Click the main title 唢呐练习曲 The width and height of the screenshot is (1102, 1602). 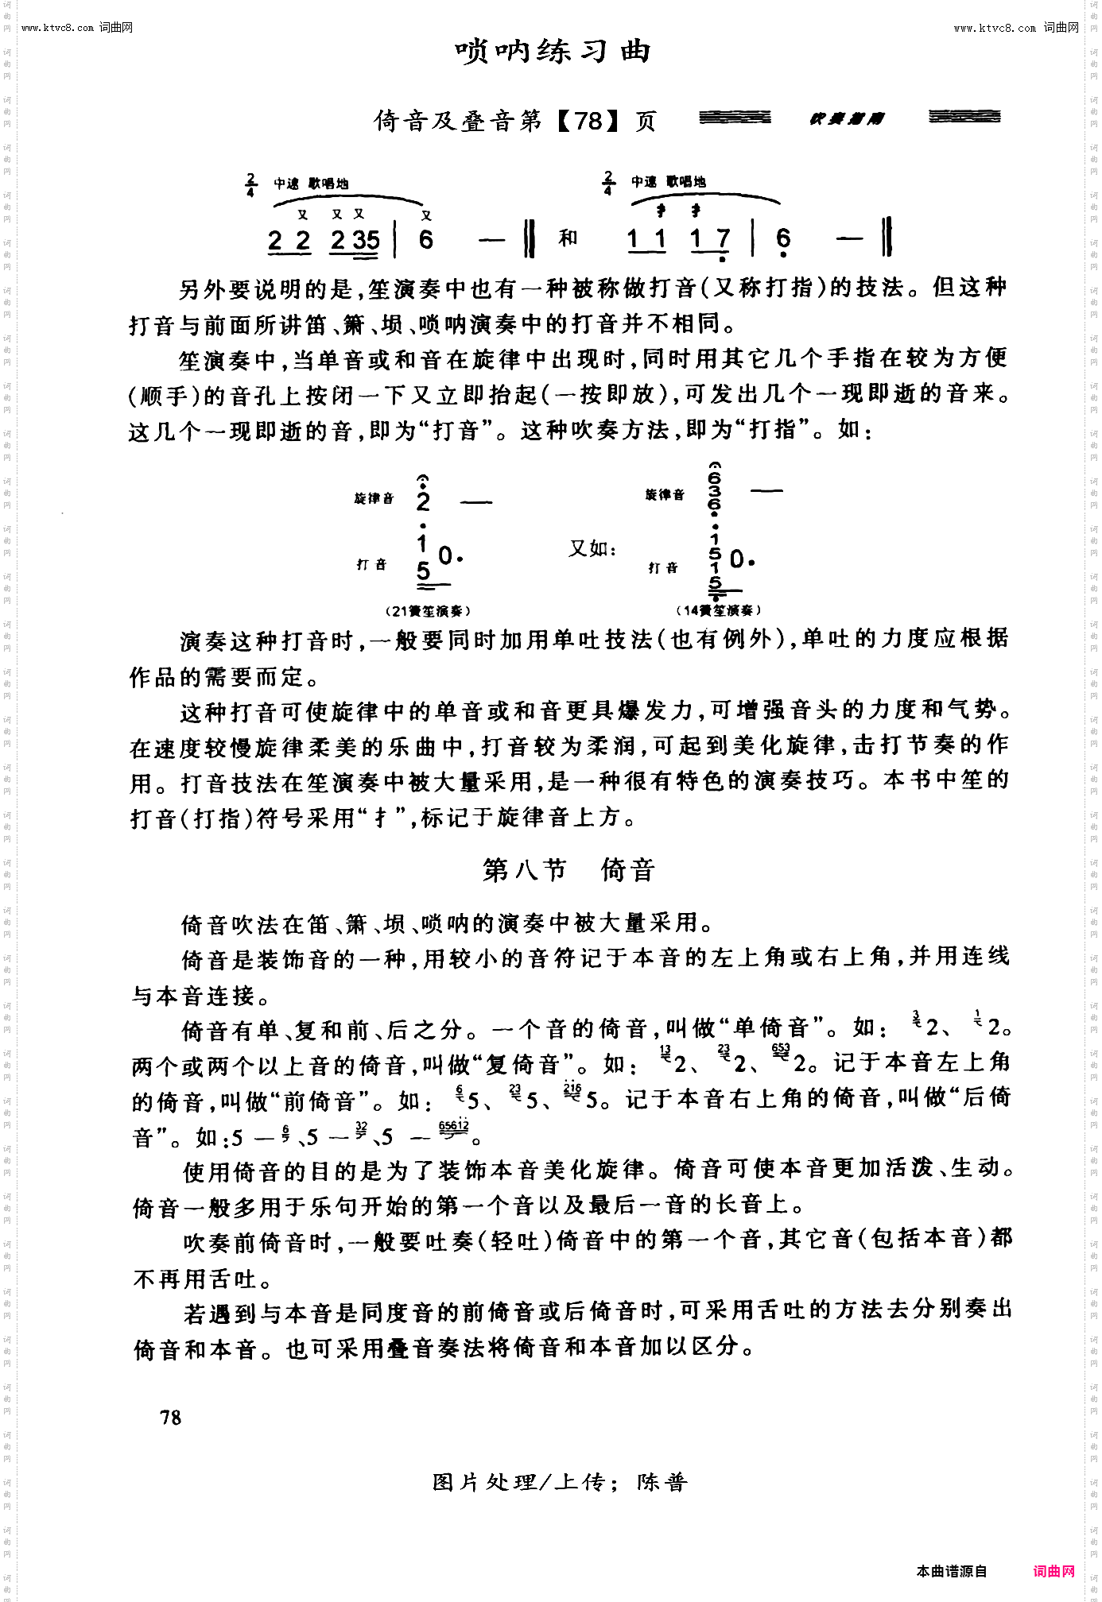pos(553,52)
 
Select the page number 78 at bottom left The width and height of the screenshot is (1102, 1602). pos(171,1418)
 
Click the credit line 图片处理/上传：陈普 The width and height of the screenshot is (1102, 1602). pos(560,1482)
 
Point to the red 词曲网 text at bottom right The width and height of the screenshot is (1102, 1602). pos(1053,1571)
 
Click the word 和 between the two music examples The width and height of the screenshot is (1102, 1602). pos(568,238)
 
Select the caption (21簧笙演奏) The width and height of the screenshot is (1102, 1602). pos(429,611)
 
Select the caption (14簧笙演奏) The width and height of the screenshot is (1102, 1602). pos(719,610)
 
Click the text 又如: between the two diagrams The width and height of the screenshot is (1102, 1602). pos(592,548)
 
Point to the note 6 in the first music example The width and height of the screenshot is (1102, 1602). pos(426,239)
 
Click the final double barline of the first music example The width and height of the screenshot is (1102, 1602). pos(530,238)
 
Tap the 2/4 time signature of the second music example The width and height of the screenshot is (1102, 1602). pos(608,184)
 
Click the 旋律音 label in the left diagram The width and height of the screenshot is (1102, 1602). pos(374,498)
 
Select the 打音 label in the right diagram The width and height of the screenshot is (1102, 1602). pos(663,567)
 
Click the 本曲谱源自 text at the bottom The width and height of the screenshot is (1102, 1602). pos(951,1571)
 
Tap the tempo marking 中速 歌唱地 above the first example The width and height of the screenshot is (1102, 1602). pos(311,184)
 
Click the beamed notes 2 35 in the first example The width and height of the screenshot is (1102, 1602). pos(355,240)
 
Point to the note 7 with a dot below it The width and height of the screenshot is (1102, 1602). pos(722,239)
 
